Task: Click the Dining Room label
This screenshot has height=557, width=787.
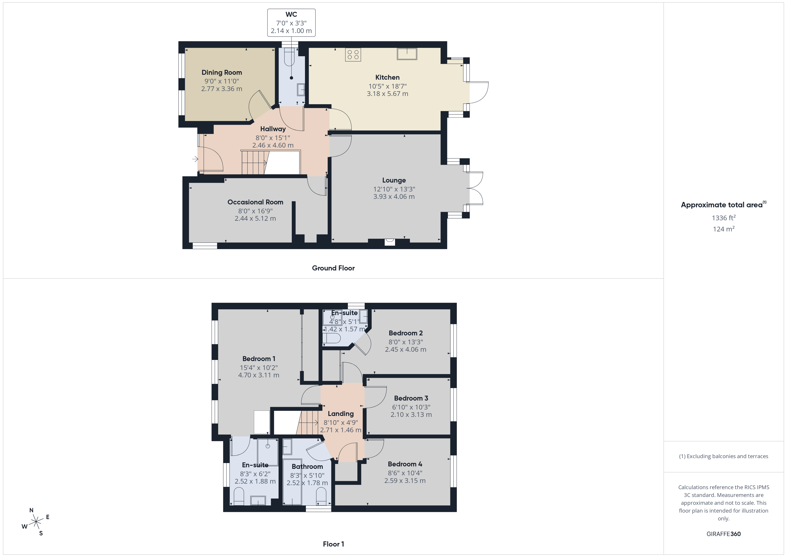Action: (x=222, y=72)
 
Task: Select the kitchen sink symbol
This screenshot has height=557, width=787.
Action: (x=407, y=54)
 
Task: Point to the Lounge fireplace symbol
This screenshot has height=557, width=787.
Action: (x=389, y=242)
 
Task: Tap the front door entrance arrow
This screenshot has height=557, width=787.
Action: (x=195, y=159)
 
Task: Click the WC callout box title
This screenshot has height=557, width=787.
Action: (x=291, y=15)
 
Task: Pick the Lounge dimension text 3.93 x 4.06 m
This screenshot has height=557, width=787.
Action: (x=394, y=197)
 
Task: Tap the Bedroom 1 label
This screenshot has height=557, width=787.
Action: (x=259, y=359)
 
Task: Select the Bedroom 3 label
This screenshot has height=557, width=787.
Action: (x=411, y=398)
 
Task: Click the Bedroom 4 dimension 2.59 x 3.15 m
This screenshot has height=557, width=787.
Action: (x=405, y=480)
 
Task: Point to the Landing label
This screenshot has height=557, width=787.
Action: (x=340, y=414)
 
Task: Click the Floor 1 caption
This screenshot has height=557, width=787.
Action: (x=333, y=544)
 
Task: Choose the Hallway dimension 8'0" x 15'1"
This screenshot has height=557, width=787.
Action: (x=273, y=137)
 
